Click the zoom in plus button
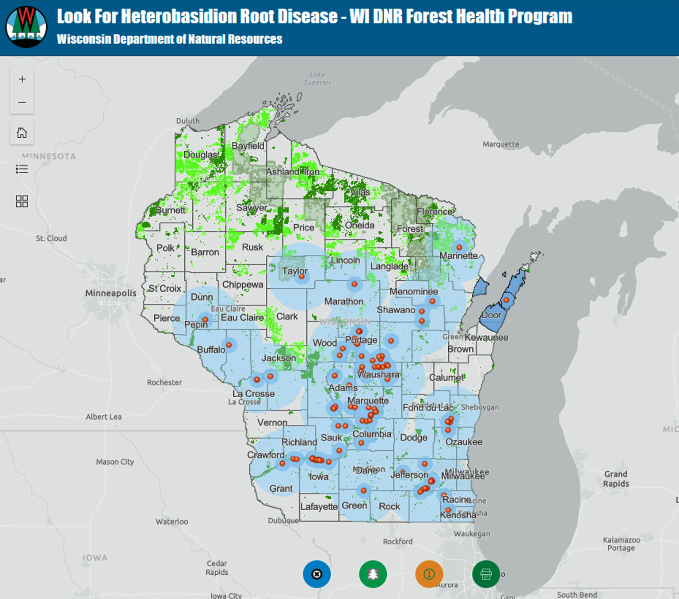coord(22,79)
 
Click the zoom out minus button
coord(22,102)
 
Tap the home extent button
coord(22,133)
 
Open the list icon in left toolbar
coord(22,169)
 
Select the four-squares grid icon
coord(22,201)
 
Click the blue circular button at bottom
coord(317,574)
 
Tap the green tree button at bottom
coord(373,574)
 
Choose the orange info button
coord(429,574)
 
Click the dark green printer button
coord(486,574)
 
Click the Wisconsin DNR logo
coord(26,27)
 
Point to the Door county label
coord(491,315)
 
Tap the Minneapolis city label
coord(111,293)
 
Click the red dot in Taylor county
coord(302,277)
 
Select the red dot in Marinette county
coord(459,248)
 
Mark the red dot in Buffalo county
coord(229,345)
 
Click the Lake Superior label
coord(317,78)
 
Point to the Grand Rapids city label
coord(615,479)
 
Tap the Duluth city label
coord(188,121)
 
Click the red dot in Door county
coord(507,300)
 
